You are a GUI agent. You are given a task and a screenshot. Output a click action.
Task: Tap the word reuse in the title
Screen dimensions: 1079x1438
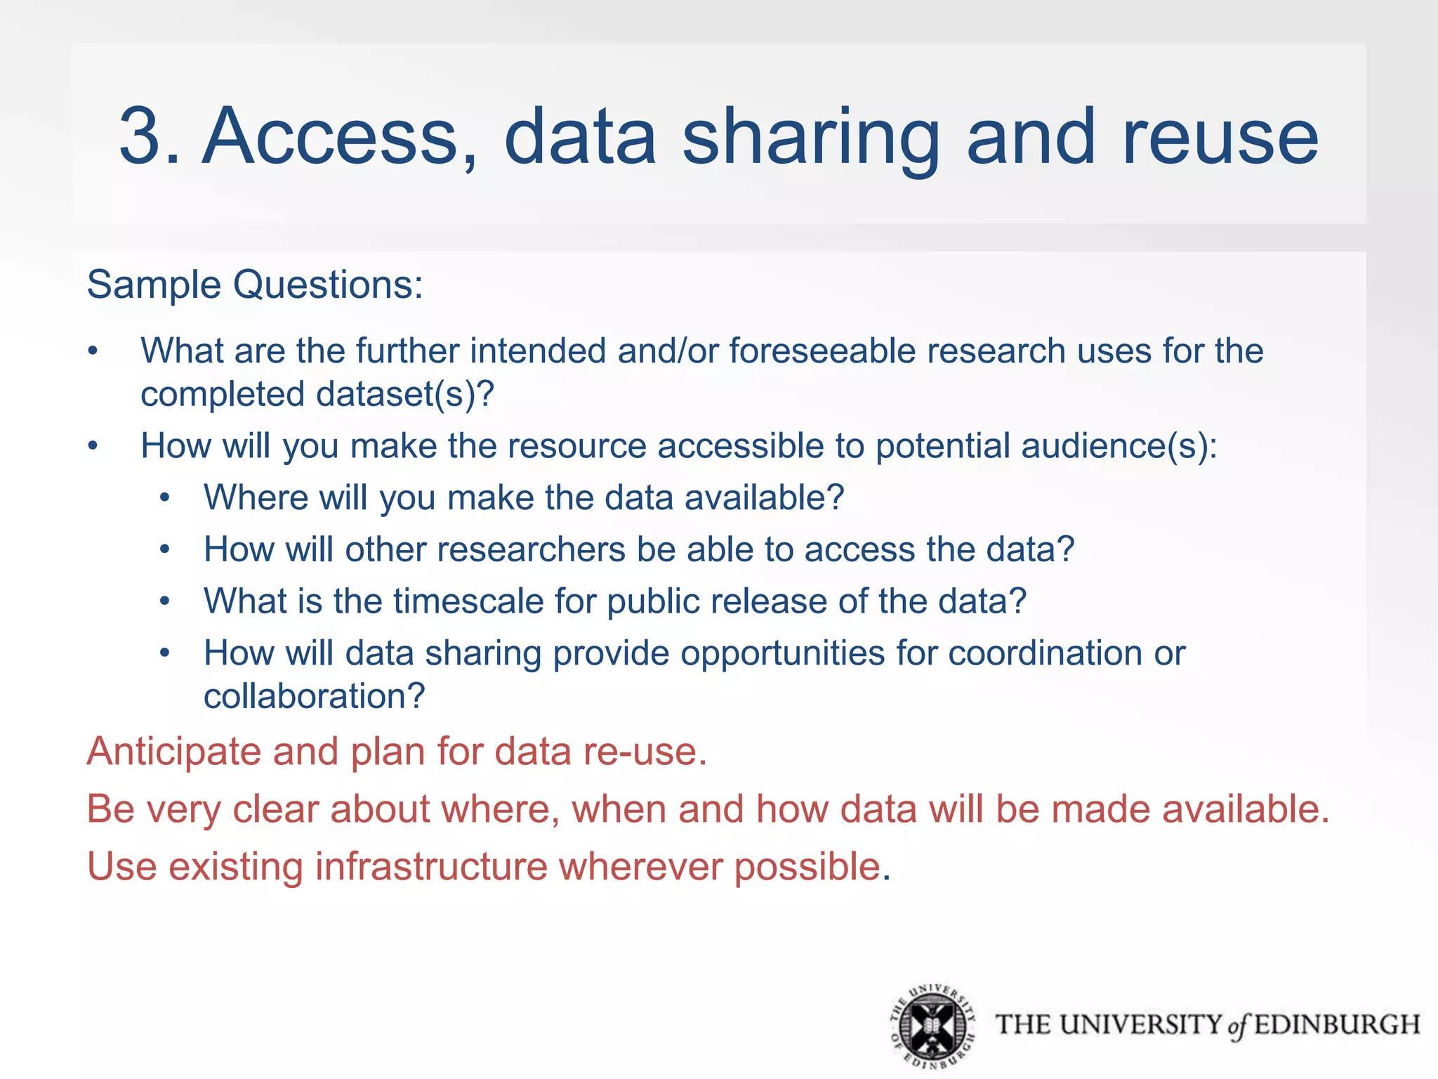click(x=1220, y=137)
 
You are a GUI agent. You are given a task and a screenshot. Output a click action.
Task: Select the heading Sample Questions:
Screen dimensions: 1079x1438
click(x=255, y=285)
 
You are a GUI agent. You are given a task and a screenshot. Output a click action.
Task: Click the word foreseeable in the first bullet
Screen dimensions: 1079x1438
click(x=823, y=351)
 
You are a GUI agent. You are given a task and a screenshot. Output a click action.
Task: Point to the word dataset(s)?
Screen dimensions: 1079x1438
click(x=405, y=394)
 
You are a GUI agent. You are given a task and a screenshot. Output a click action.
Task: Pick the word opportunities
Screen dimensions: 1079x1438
click(x=745, y=653)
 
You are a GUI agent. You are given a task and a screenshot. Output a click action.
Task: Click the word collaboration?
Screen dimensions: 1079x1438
click(x=315, y=697)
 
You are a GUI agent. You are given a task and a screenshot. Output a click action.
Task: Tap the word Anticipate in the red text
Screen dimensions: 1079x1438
click(x=173, y=752)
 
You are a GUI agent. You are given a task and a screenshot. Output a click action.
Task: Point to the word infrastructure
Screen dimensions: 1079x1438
click(x=430, y=866)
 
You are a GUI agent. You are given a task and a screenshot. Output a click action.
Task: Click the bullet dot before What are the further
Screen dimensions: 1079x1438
click(x=93, y=351)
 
